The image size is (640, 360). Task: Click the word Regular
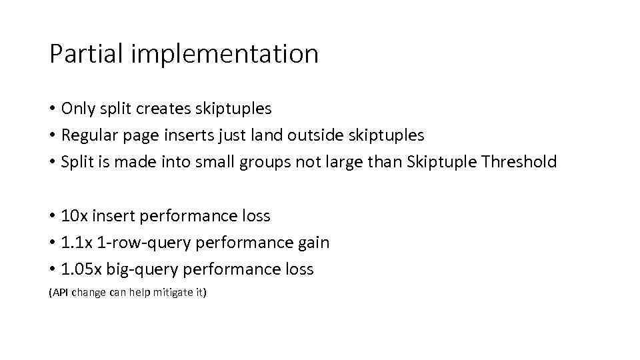pos(89,135)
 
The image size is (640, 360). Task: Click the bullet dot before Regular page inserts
pos(53,136)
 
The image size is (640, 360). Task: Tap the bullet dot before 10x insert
pos(53,217)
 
